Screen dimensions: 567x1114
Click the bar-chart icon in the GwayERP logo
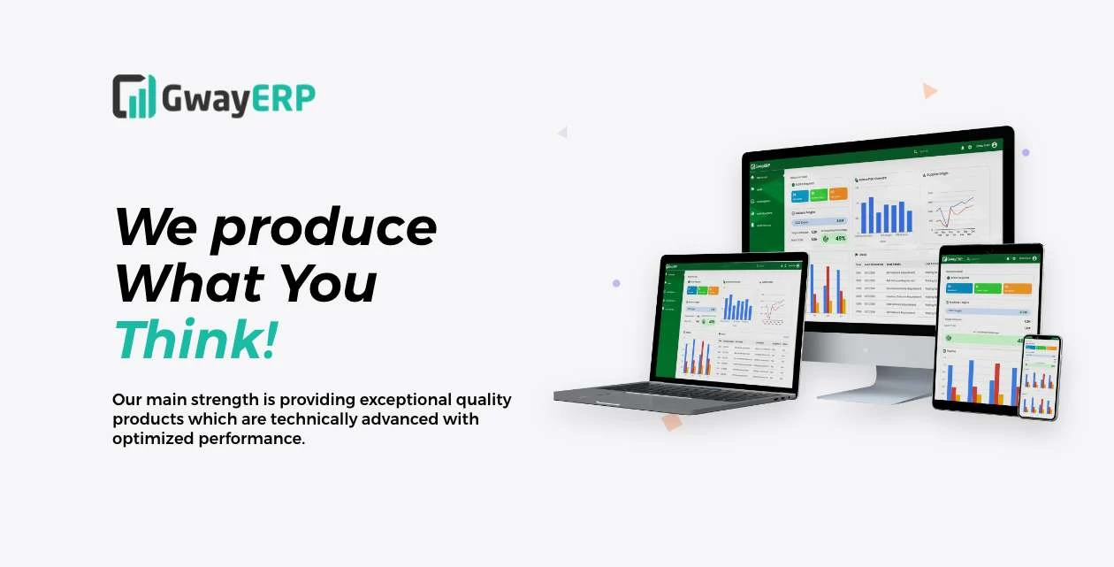pos(134,96)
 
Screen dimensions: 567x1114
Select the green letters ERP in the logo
pos(283,98)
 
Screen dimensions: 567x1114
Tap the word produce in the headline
pos(323,228)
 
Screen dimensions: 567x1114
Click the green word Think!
pos(195,341)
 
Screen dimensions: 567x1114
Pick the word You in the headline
pos(329,283)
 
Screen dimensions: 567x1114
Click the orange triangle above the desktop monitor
pos(928,90)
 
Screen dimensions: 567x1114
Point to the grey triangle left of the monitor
pos(562,133)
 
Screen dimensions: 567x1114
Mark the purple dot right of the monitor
pos(1026,152)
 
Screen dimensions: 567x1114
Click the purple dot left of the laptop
pos(616,283)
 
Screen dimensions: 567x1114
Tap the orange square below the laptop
pos(672,422)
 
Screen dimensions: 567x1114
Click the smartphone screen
pos(1041,378)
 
